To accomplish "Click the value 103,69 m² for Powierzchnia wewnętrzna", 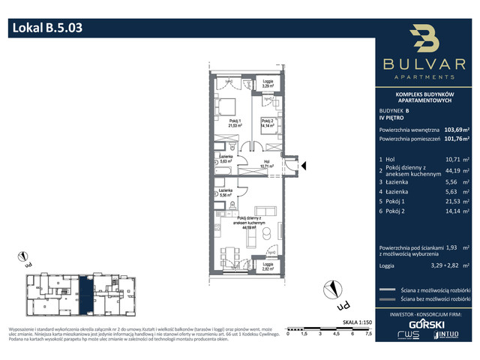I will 456,128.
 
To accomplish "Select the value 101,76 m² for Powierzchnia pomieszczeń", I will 456,139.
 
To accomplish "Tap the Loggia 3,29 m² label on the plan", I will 268,85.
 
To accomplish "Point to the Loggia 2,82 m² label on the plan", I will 268,266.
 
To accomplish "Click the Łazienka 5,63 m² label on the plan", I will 223,159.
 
